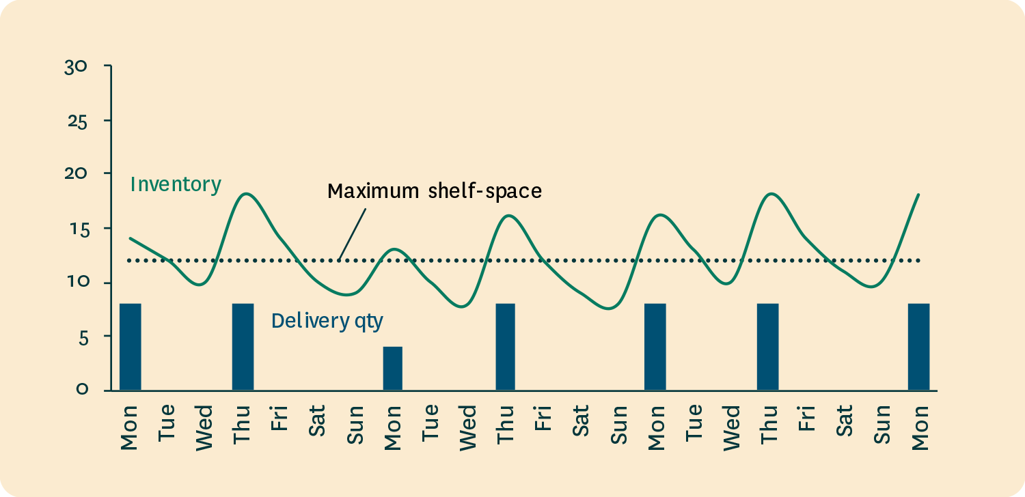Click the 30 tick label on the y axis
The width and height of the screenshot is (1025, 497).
point(75,66)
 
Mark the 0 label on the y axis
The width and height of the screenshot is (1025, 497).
point(82,390)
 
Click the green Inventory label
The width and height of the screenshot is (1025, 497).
point(176,184)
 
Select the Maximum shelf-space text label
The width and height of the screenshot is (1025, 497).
point(435,190)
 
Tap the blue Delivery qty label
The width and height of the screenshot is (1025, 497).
point(327,320)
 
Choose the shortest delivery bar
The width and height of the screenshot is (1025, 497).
point(393,369)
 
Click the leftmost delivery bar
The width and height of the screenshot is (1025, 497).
point(131,347)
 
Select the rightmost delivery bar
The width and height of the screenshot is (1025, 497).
point(918,347)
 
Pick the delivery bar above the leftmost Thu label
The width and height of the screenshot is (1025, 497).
point(243,347)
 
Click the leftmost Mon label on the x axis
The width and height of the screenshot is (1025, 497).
point(129,427)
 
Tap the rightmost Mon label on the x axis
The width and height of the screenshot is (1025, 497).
point(920,427)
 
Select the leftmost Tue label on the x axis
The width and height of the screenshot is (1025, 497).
point(167,424)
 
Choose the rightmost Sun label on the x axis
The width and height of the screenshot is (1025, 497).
point(881,425)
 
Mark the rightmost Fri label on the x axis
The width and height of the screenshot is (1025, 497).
point(807,418)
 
